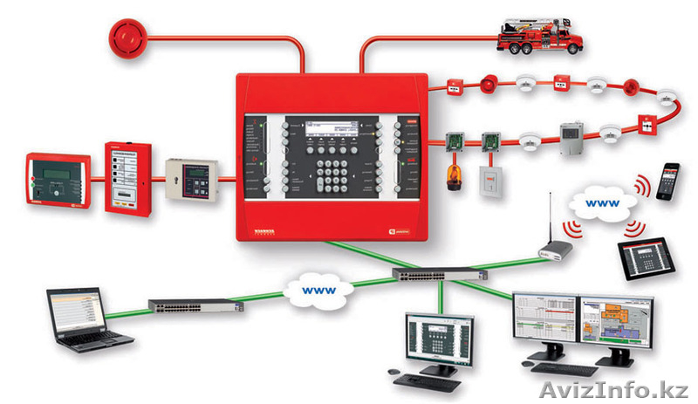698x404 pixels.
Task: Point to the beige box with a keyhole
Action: click(x=192, y=179)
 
